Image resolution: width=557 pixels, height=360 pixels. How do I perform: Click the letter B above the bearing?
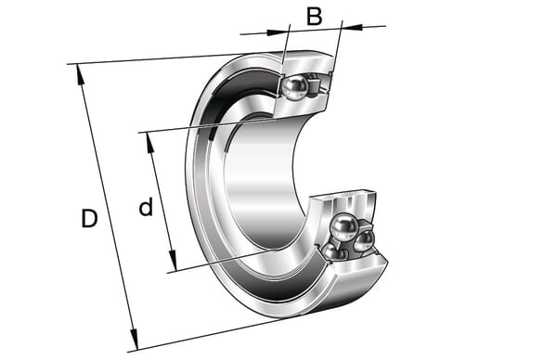tap(315, 17)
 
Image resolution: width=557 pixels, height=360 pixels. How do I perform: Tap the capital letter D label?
tap(89, 218)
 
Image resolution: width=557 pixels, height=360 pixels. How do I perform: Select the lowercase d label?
tap(146, 206)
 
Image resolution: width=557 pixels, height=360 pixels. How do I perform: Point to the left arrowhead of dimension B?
tap(277, 32)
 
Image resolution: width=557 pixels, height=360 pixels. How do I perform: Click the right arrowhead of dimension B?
tap(353, 27)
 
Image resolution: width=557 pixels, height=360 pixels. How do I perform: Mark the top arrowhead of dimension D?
tap(80, 75)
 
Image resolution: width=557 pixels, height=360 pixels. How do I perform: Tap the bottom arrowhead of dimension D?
tap(134, 339)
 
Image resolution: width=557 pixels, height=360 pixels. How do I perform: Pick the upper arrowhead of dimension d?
tap(150, 144)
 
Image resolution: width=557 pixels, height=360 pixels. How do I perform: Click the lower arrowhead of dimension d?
tap(173, 260)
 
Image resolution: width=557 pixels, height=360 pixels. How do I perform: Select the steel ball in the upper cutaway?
tap(294, 87)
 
